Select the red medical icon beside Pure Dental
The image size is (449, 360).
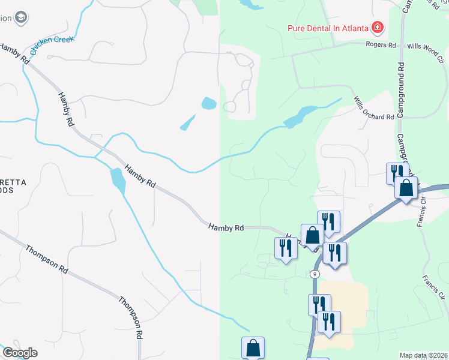click(378, 27)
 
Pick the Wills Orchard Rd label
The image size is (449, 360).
click(373, 108)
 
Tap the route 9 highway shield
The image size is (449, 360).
click(315, 274)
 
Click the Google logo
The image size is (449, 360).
click(19, 353)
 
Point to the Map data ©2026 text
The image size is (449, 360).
click(424, 355)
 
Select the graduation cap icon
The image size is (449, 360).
click(20, 18)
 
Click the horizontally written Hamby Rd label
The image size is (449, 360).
click(226, 227)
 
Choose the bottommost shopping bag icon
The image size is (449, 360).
click(253, 348)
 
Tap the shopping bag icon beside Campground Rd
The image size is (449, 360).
click(406, 187)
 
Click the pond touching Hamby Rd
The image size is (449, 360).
click(118, 181)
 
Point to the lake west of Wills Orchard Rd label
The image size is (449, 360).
click(300, 116)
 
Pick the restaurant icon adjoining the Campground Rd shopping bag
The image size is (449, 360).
click(397, 173)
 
